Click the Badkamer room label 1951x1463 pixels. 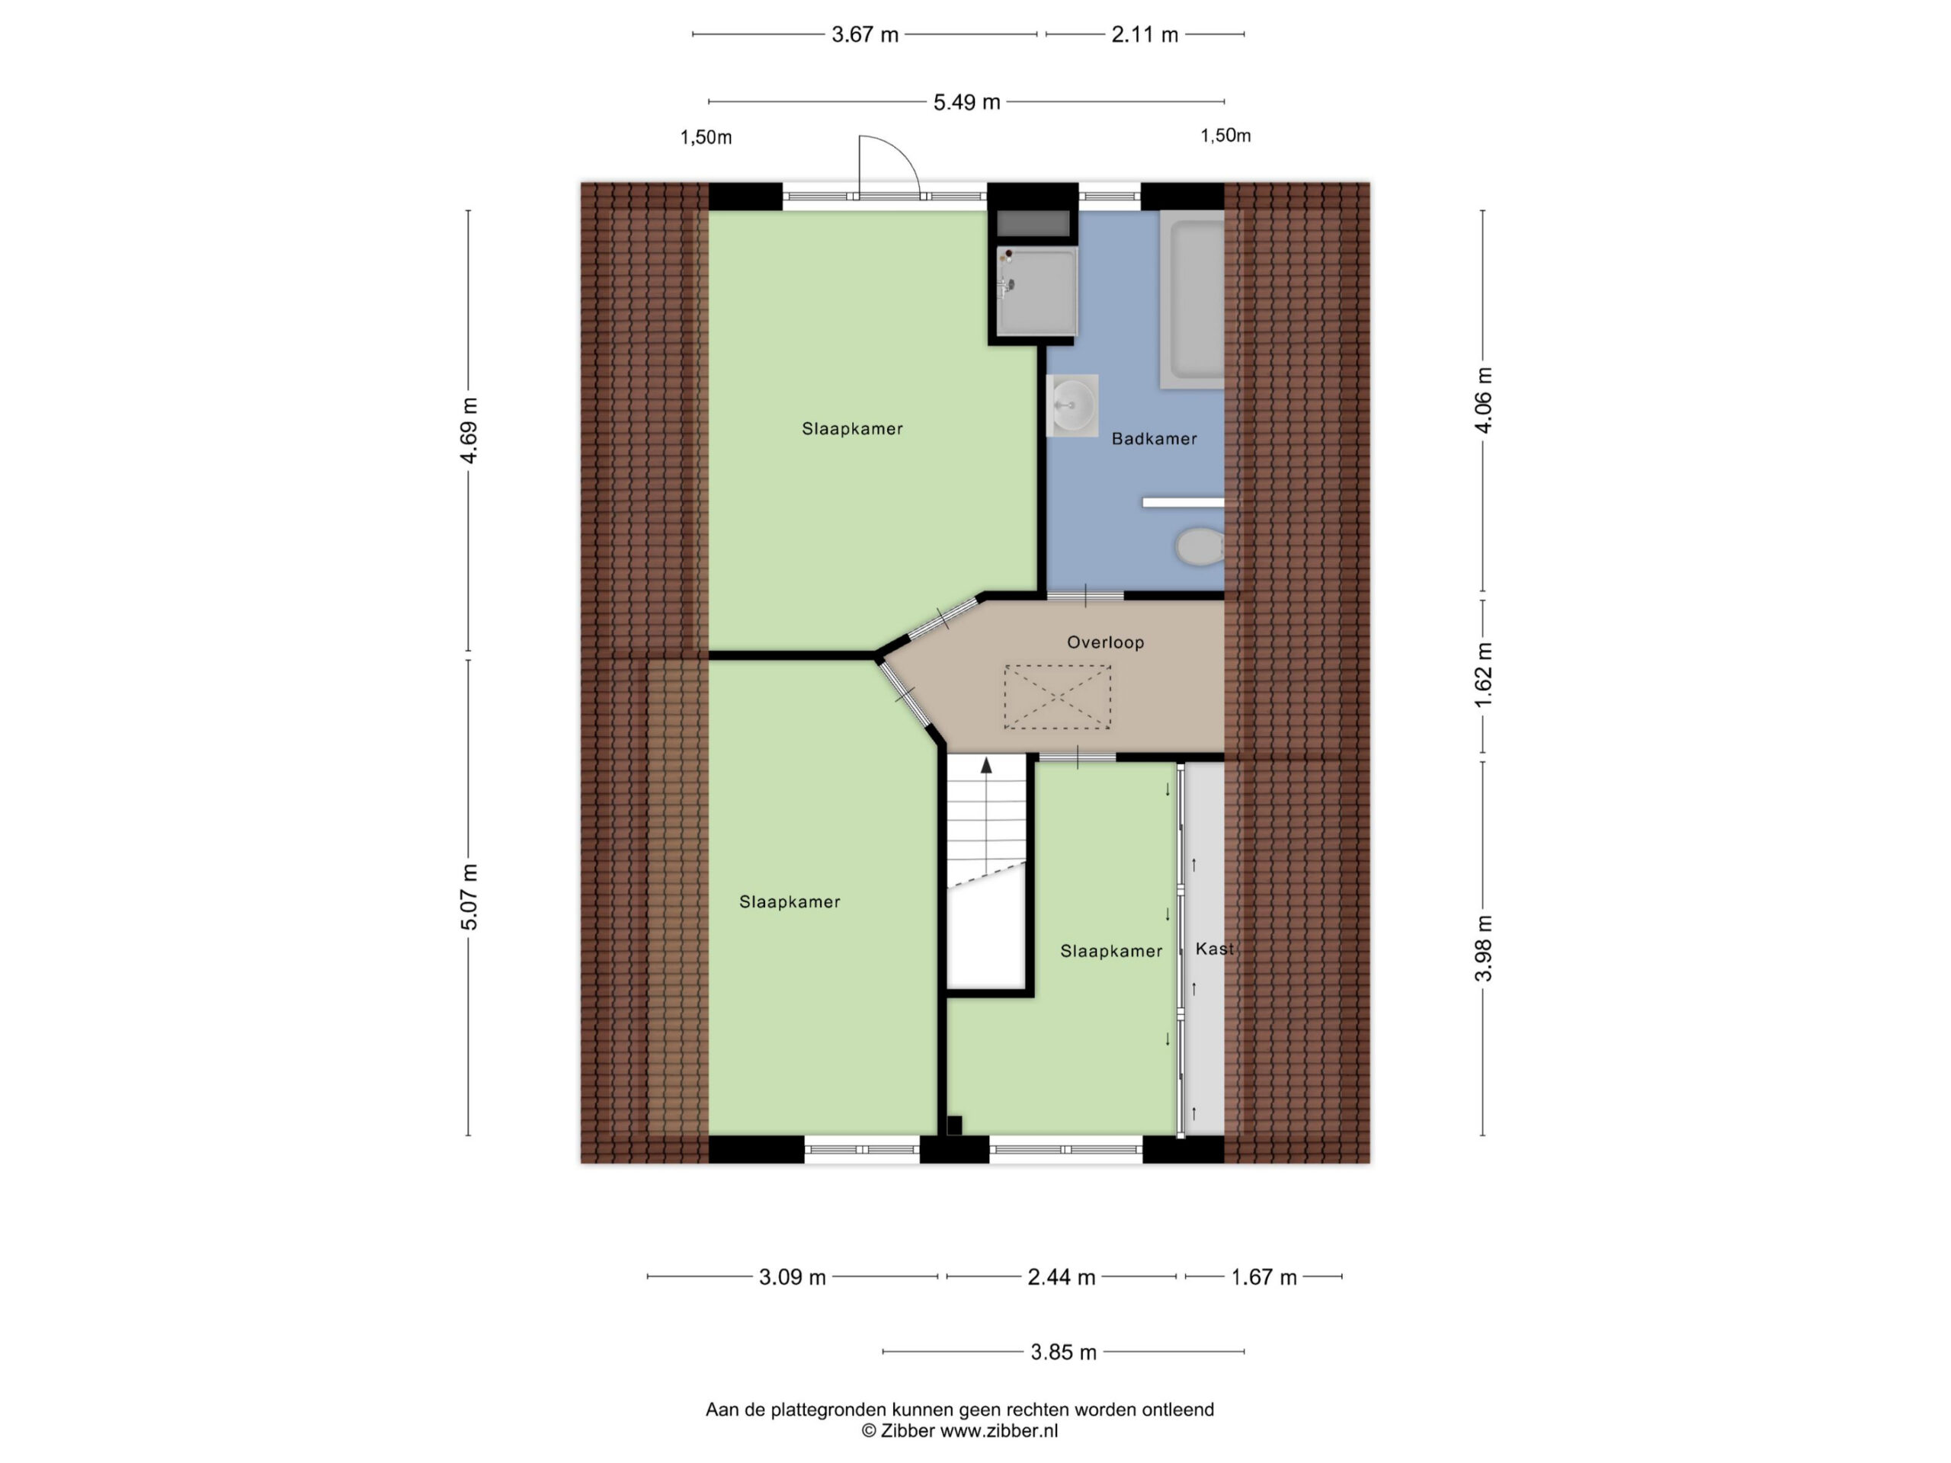click(x=1154, y=438)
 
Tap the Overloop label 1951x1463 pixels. click(x=1105, y=642)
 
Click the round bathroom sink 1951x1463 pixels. click(x=1072, y=405)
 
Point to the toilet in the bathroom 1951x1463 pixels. click(x=1200, y=547)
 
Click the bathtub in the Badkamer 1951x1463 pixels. click(x=1193, y=299)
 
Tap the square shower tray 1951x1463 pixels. click(x=1037, y=291)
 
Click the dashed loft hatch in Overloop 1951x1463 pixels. click(x=1058, y=697)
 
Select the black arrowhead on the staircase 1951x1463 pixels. click(x=986, y=766)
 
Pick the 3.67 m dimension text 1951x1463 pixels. click(x=864, y=34)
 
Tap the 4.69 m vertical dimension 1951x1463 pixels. click(x=469, y=431)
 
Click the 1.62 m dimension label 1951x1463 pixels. click(x=1484, y=674)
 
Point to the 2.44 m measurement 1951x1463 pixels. click(x=1061, y=1277)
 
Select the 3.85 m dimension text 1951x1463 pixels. click(x=1064, y=1352)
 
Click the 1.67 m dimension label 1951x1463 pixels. click(x=1264, y=1277)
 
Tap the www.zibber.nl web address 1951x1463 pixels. click(x=998, y=1431)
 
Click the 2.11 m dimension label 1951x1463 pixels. click(x=1145, y=34)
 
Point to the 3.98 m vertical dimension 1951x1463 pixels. click(x=1484, y=948)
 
